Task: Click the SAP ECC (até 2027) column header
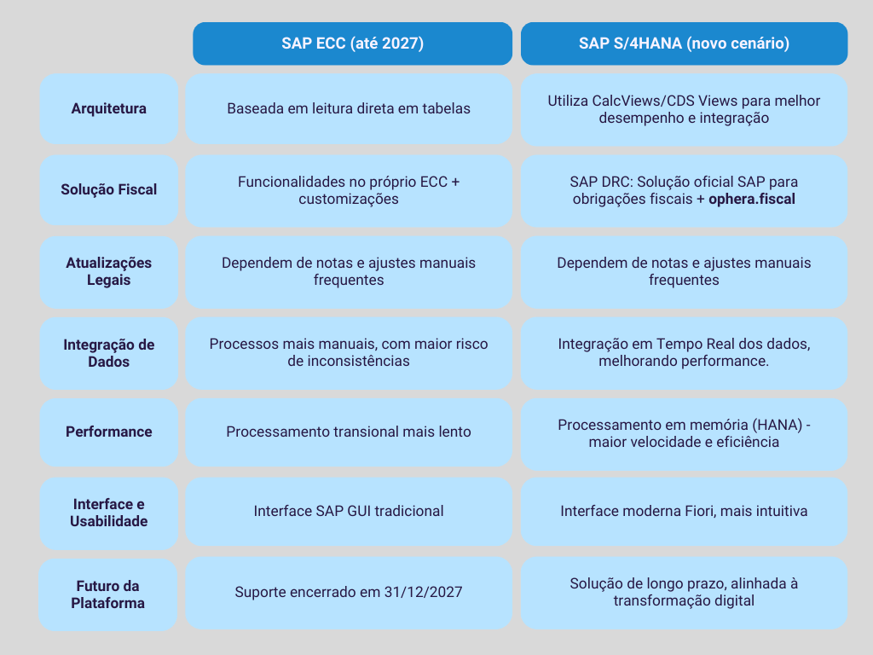tap(352, 43)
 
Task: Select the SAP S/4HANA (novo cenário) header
tap(684, 43)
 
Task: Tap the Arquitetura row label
tap(108, 108)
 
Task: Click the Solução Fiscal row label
tap(108, 190)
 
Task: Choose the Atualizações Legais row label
tap(108, 272)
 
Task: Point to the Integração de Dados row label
tap(108, 353)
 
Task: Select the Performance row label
tap(108, 432)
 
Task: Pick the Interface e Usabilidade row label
tap(108, 513)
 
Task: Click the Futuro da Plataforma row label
tap(108, 594)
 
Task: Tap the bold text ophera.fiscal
tap(752, 200)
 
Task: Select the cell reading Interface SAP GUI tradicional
tap(349, 512)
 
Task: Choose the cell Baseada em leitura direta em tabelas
tap(349, 109)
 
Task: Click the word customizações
tap(349, 200)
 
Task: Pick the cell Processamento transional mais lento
tap(349, 432)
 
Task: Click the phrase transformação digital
tap(684, 601)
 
